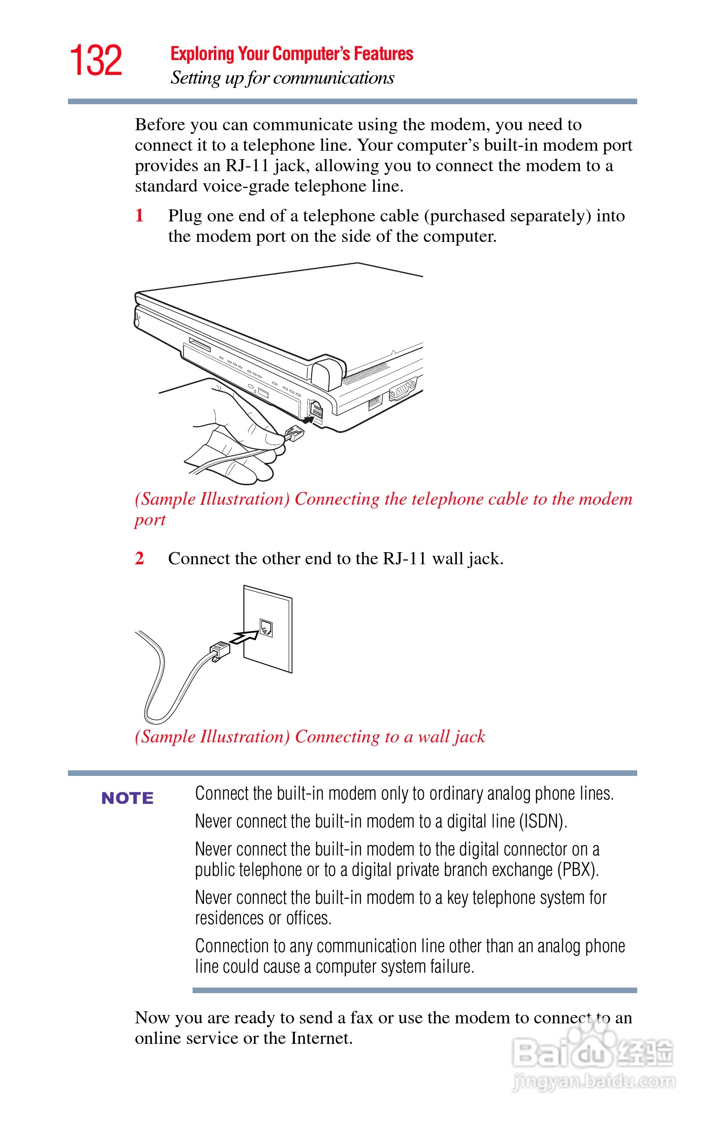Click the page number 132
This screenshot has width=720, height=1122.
pos(96,60)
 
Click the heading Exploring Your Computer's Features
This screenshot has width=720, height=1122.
pos(292,54)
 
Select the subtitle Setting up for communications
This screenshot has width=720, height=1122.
pos(282,78)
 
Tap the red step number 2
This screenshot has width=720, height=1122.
pos(140,558)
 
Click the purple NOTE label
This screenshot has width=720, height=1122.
pos(127,798)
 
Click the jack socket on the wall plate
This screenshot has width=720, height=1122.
pos(266,628)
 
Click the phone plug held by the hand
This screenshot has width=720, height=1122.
pos(294,434)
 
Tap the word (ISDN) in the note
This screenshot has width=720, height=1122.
pos(543,821)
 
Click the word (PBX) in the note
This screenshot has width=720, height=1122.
pos(578,870)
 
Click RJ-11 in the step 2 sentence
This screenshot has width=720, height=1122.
pos(404,558)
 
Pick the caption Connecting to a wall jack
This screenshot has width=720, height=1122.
pos(390,736)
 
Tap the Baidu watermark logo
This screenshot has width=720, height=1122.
pos(593,1050)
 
